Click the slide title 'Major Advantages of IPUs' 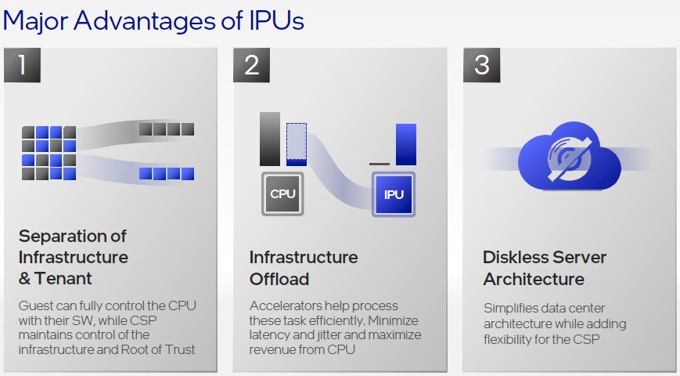[153, 20]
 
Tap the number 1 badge [22, 65]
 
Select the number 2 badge [251, 65]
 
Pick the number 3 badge [481, 65]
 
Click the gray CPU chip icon [282, 194]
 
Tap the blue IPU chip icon [394, 194]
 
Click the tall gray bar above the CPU [270, 139]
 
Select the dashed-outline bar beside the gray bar [297, 144]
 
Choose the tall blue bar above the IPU [406, 144]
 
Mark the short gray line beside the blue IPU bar [380, 164]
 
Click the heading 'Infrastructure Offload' [304, 268]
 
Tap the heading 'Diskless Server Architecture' [545, 268]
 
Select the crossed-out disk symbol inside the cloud [569, 157]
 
